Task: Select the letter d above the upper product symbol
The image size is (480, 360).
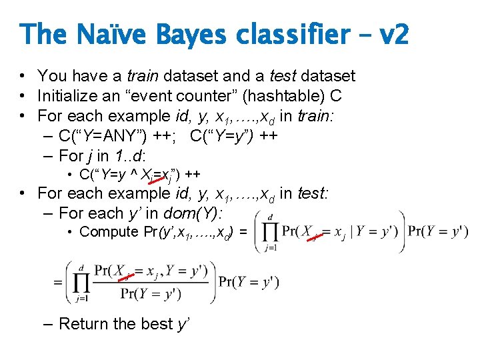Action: (269, 217)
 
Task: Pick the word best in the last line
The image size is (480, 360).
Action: (155, 324)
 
